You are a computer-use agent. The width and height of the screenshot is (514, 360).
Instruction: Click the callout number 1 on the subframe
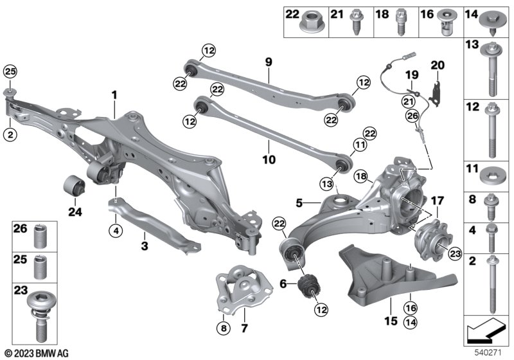(x=115, y=96)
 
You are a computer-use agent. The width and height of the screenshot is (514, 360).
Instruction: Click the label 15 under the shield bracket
(x=387, y=319)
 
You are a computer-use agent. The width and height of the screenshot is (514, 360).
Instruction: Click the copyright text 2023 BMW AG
(x=38, y=353)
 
